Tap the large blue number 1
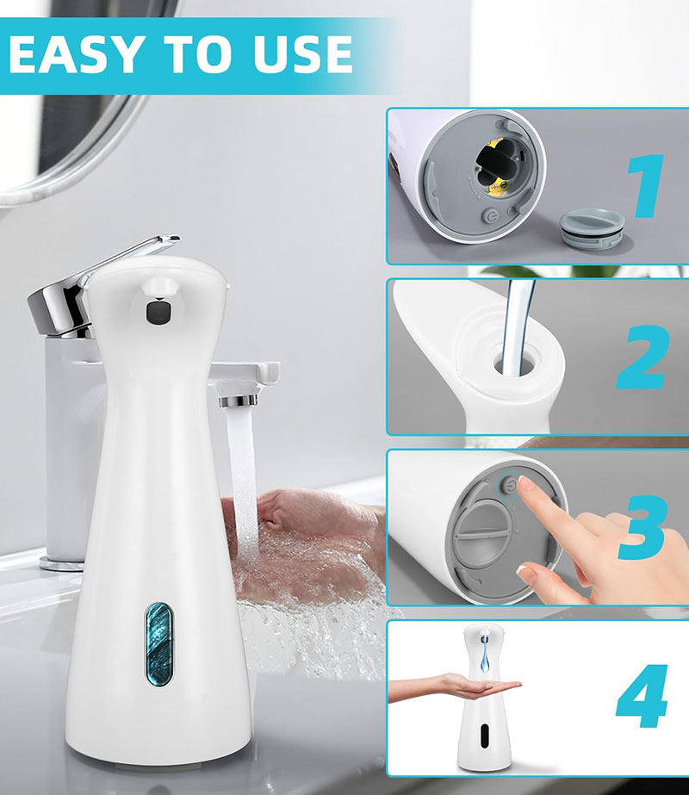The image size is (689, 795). pos(645,186)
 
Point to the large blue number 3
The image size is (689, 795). pos(642,527)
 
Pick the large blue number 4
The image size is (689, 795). pos(642,696)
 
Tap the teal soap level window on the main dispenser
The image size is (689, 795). pos(158,643)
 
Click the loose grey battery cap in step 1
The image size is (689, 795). pos(593,231)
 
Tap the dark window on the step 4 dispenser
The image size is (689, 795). pos(484,736)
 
